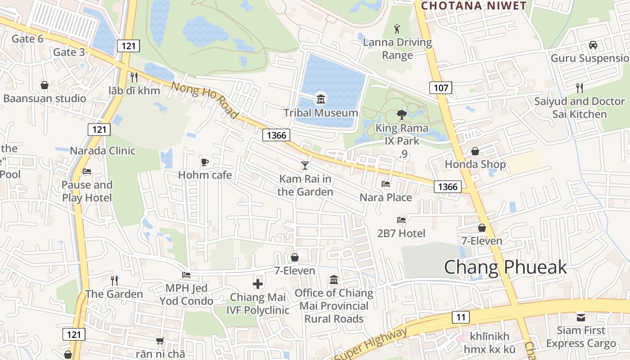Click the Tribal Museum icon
(321, 99)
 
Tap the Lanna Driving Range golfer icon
(396, 29)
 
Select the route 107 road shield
(441, 88)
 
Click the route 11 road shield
(460, 317)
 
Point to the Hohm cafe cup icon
(205, 162)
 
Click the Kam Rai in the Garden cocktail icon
(305, 166)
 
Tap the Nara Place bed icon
(386, 184)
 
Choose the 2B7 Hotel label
(401, 233)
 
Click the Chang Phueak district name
(505, 267)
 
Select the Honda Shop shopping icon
(475, 151)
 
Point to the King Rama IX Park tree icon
(402, 115)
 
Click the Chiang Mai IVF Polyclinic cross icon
(257, 284)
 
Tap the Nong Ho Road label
(205, 100)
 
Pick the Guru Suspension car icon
(593, 45)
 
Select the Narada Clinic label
(103, 150)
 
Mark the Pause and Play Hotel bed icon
(87, 171)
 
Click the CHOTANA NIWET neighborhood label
(473, 6)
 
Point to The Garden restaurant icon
(114, 281)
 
